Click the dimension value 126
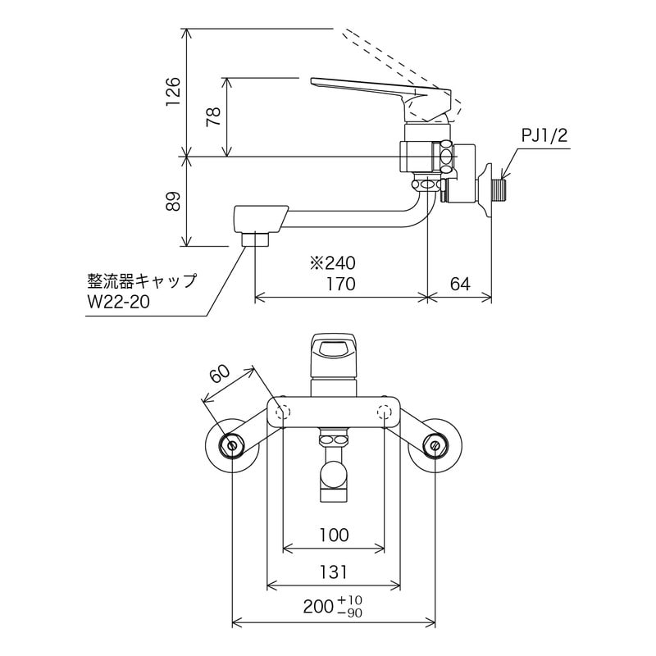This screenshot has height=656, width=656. (171, 93)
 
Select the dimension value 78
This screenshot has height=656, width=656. (213, 116)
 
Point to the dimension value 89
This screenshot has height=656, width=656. (171, 201)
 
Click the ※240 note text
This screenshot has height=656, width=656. (332, 264)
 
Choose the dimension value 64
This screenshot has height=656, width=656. (460, 285)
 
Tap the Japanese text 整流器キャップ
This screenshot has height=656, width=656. (141, 280)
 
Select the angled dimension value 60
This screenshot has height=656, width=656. (220, 374)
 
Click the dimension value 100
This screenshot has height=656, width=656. (333, 535)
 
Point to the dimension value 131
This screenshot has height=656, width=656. (333, 572)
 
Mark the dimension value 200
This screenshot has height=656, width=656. (318, 608)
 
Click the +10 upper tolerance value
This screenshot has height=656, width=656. (350, 601)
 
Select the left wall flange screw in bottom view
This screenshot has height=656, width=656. (231, 446)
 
